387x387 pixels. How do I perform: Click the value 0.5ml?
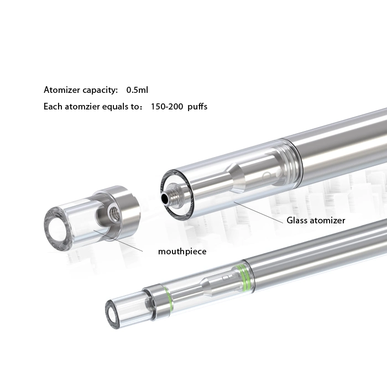137,90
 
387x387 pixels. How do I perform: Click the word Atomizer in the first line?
62,90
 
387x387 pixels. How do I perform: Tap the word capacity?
100,90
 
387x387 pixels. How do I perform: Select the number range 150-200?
167,107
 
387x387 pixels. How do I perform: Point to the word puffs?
197,107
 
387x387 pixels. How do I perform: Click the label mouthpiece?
182,252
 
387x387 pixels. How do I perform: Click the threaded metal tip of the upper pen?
171,194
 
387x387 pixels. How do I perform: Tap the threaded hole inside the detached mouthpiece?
113,211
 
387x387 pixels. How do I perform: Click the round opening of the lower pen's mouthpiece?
113,315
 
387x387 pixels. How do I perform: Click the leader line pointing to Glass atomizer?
259,212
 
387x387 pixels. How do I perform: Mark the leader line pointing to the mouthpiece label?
118,240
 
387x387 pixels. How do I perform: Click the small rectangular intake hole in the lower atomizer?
226,278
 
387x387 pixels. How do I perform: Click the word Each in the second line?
53,107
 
